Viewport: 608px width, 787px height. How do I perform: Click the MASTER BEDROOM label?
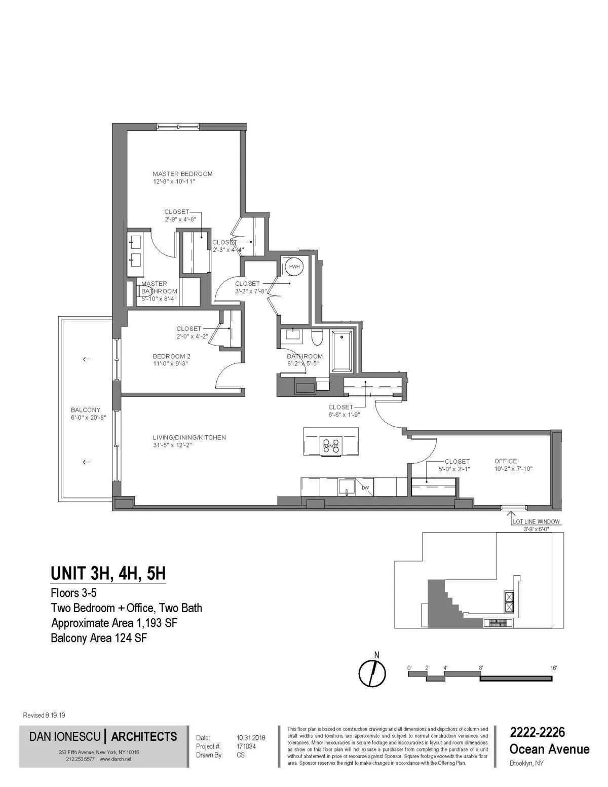(182, 174)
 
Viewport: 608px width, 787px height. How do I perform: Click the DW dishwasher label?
(365, 488)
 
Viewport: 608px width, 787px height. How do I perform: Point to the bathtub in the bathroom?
(343, 351)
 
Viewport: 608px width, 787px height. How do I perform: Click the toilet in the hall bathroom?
(317, 337)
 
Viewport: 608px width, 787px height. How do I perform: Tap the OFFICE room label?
(506, 461)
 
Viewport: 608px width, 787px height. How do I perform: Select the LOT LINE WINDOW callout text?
(536, 521)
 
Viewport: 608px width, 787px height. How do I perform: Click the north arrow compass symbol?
(372, 672)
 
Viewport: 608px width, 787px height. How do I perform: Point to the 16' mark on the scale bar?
(553, 668)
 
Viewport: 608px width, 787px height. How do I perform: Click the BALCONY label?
(85, 410)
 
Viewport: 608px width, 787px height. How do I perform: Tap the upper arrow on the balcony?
(87, 359)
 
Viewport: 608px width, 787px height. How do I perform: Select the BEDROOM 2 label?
(171, 356)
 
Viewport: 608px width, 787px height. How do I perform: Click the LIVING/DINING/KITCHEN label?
(189, 437)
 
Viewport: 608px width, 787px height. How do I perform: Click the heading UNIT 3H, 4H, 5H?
(108, 574)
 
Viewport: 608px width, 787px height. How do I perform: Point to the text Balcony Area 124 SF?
(99, 638)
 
